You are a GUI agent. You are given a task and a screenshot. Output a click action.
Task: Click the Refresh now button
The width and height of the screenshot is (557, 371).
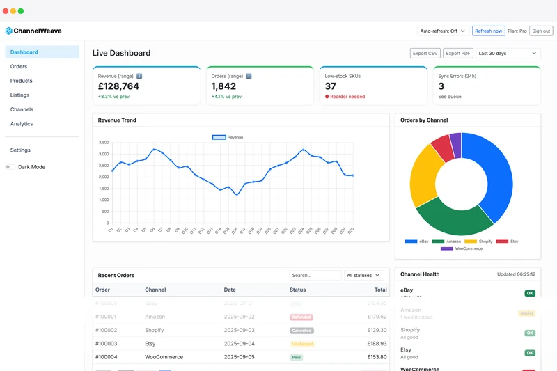point(488,31)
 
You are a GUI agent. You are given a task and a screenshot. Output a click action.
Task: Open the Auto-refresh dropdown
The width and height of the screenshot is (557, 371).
point(442,31)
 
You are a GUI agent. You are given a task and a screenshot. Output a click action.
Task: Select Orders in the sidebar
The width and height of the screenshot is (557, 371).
point(19,67)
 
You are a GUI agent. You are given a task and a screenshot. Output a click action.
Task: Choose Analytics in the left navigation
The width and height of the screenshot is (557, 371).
point(22,124)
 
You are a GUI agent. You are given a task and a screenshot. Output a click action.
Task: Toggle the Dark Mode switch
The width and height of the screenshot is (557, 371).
point(10,167)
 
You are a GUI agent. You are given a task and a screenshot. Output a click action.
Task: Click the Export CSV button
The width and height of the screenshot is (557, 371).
point(425,53)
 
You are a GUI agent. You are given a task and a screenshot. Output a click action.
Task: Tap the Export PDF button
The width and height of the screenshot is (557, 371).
point(458,53)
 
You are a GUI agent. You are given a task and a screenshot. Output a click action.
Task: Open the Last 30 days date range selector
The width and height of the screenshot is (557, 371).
point(508,53)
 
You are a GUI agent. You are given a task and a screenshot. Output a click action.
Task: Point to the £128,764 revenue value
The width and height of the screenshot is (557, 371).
point(118,86)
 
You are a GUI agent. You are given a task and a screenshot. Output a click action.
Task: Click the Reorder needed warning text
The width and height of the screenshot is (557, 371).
point(347,97)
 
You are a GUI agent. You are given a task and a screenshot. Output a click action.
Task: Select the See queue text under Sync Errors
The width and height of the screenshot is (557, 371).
point(450,97)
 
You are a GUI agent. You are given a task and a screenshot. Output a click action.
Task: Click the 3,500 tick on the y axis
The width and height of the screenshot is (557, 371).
point(103,143)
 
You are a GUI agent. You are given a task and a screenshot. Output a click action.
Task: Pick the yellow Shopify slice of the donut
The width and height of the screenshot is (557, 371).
point(423,173)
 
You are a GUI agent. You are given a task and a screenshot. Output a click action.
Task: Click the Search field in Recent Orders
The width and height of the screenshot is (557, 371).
point(315,275)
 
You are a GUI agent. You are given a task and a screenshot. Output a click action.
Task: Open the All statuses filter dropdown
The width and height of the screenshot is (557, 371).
point(363,275)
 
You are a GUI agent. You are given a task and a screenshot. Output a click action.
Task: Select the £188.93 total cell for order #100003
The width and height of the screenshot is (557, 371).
point(376,344)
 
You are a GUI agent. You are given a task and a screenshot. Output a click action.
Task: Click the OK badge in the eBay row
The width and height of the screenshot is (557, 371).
point(530,293)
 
